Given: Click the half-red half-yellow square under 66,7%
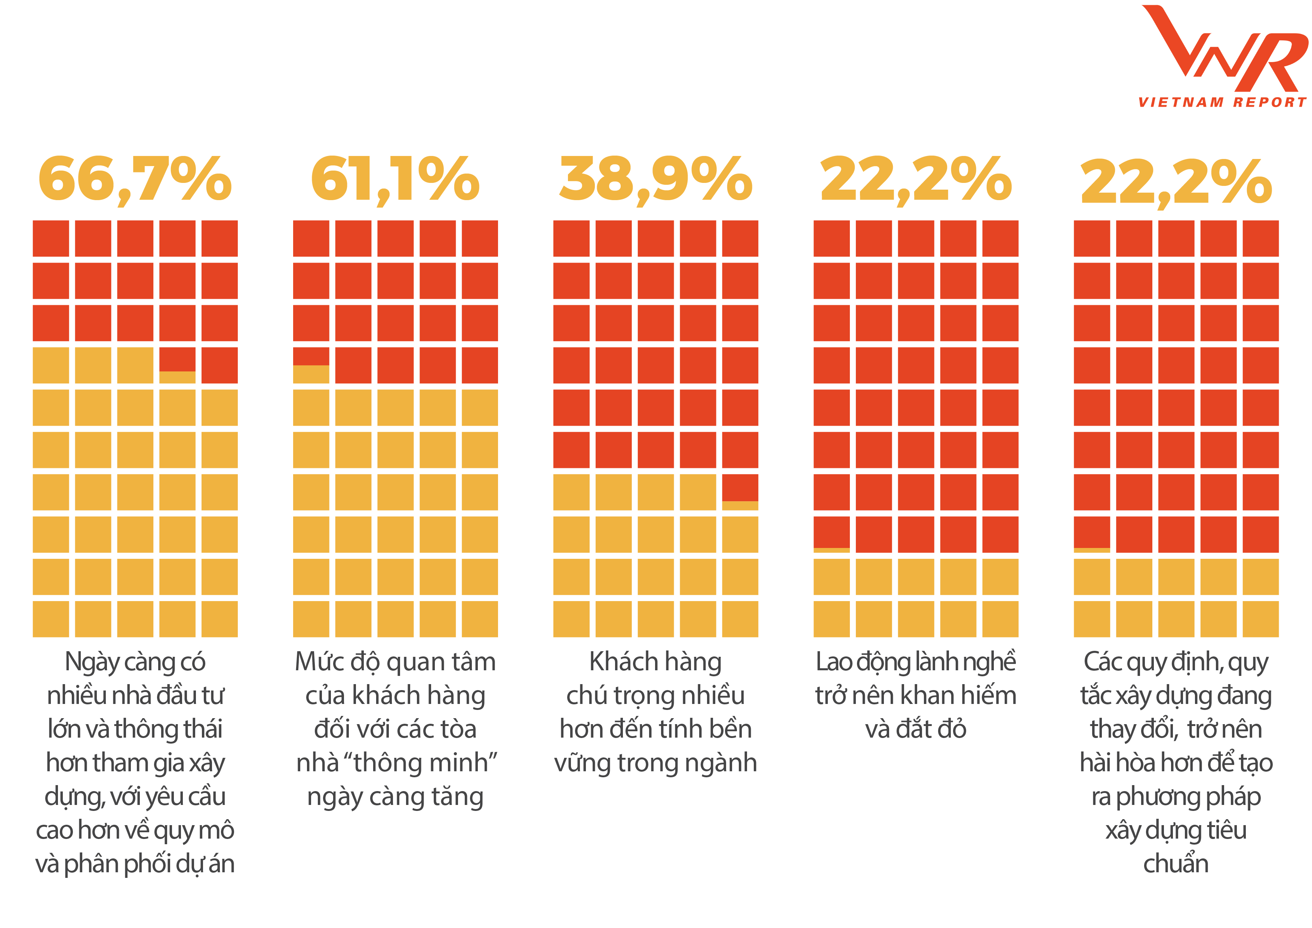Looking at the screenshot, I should (177, 365).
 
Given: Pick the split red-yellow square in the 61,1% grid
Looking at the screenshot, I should (311, 365).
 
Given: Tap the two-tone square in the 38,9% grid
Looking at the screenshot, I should (740, 492).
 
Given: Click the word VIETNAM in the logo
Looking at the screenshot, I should (1180, 102).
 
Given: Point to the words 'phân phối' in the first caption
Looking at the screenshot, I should (117, 864).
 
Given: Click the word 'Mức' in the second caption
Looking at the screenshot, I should (318, 662).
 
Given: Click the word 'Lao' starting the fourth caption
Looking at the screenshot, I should (833, 662).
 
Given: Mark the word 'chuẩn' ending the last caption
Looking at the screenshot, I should (1176, 864).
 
